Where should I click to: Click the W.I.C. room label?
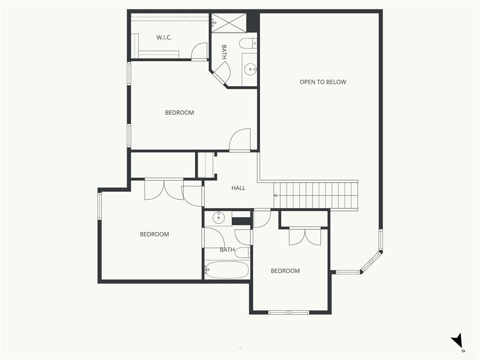[164, 37]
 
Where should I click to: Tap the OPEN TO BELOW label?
[322, 82]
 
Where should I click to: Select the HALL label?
[238, 188]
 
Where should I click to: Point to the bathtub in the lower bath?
[226, 270]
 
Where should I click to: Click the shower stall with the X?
[229, 22]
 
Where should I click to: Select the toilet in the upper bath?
[248, 44]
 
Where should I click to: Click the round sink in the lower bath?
[218, 217]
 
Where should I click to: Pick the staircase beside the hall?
[316, 195]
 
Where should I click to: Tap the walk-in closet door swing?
[199, 51]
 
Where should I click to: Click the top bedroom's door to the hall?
[240, 140]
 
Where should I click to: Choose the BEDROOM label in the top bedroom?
[180, 112]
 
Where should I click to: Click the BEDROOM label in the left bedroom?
[154, 234]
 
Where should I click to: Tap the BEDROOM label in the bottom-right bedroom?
[285, 271]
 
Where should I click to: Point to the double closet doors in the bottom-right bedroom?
[305, 236]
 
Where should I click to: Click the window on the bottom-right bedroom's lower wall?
[289, 312]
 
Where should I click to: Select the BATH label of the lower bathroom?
[227, 250]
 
